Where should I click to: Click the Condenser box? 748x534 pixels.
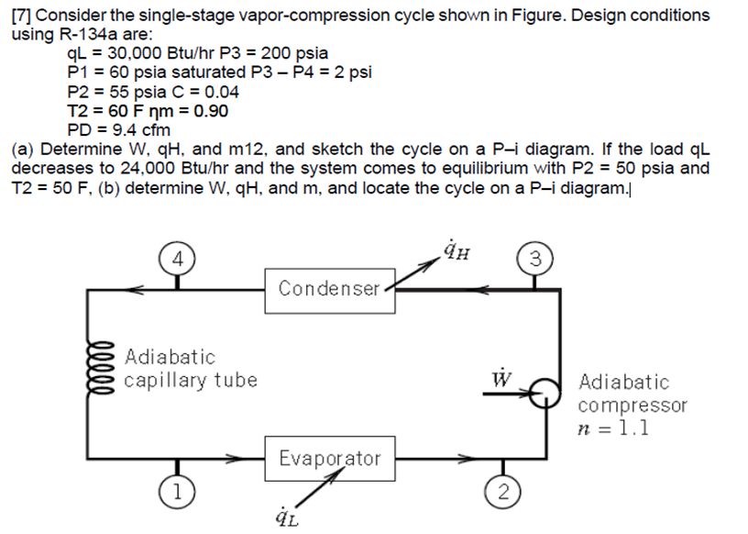point(329,289)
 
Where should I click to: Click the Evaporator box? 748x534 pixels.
point(329,458)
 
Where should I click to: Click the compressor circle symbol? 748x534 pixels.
point(546,392)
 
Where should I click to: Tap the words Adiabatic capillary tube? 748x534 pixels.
point(191,368)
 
